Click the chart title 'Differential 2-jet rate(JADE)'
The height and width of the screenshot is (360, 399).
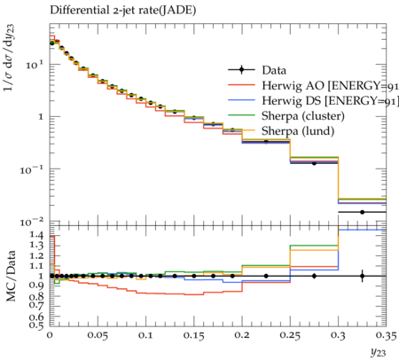(123, 11)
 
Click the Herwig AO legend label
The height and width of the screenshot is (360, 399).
(331, 86)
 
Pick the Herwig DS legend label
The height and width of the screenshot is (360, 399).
(331, 101)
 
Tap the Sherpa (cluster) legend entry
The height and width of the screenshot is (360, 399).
(303, 116)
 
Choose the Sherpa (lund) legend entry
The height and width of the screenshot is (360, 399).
(298, 131)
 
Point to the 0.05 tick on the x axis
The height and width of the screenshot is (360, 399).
(98, 336)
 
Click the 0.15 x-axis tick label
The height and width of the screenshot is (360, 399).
(194, 336)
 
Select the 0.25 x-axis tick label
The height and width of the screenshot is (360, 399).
(290, 336)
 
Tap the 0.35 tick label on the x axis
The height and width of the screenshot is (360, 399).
(386, 336)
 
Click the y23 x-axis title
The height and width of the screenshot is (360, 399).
(378, 352)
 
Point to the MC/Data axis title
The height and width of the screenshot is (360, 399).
(11, 276)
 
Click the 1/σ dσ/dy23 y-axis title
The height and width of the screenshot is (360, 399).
(10, 58)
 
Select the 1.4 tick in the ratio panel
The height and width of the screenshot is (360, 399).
(37, 235)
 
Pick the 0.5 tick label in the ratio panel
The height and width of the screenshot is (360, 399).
(37, 325)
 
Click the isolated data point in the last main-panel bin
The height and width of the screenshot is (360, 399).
(362, 212)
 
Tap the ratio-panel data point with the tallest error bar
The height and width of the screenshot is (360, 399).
(362, 276)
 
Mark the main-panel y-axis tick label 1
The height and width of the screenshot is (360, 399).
(41, 116)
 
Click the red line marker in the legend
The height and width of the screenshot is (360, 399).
(241, 85)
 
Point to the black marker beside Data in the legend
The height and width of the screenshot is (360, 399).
(241, 70)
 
